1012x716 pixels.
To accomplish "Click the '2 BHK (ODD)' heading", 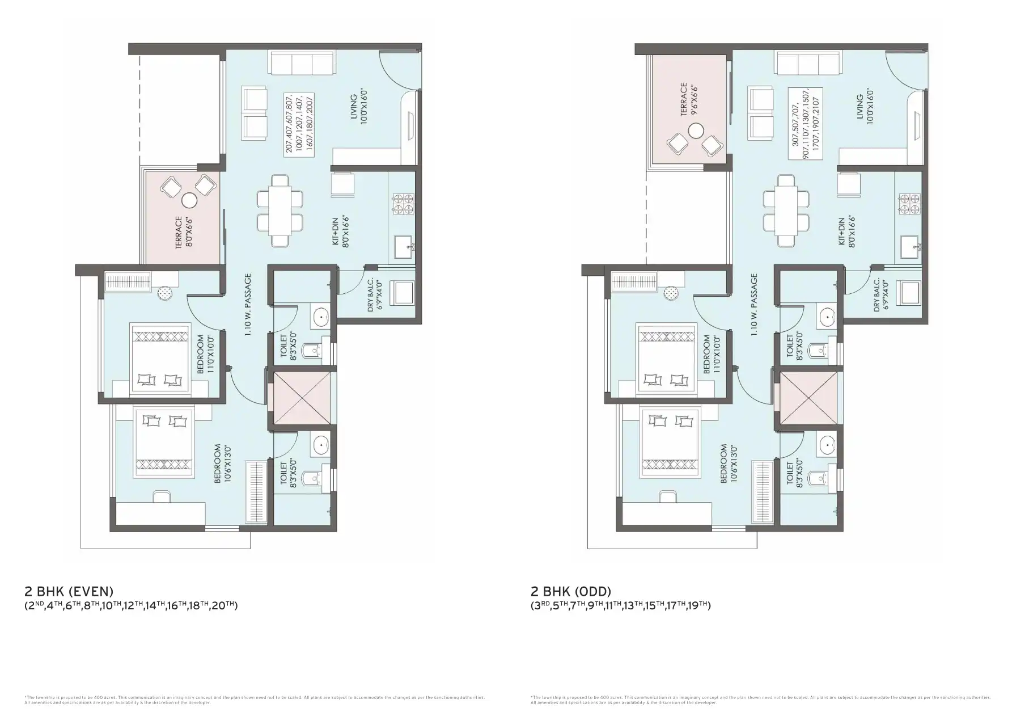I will [571, 592].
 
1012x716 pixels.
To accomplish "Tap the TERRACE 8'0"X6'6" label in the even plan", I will [183, 232].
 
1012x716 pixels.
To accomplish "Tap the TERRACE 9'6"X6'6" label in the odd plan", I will [688, 100].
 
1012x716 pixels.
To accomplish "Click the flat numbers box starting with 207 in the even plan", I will [300, 123].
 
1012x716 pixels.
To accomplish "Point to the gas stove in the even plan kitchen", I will [403, 204].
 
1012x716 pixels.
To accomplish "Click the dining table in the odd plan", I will [786, 210].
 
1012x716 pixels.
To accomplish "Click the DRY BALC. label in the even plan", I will [375, 294].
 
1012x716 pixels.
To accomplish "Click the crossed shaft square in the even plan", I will [301, 398].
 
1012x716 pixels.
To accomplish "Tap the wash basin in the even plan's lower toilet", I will [321, 444].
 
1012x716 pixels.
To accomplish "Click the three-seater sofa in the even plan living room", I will [302, 62].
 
